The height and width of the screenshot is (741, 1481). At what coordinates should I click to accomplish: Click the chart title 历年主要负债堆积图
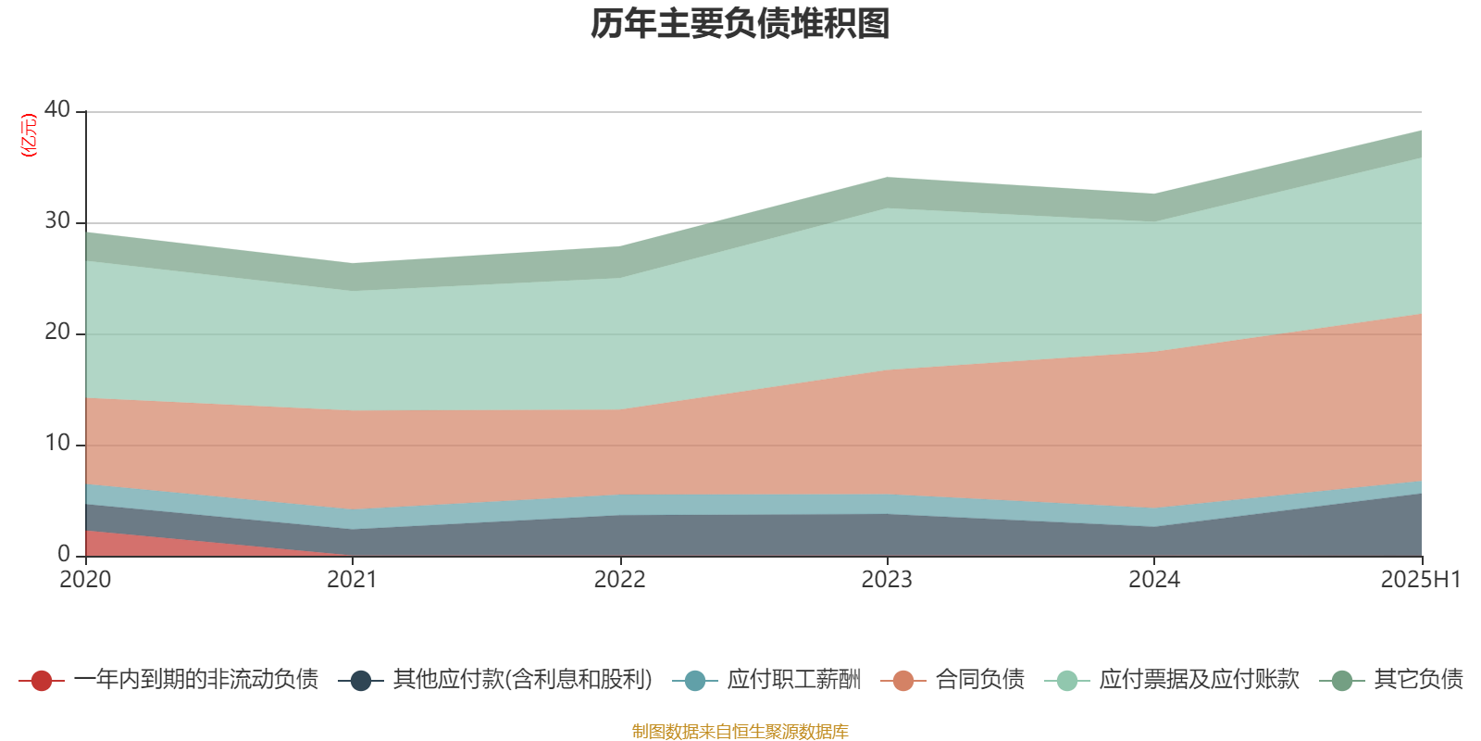[x=740, y=25]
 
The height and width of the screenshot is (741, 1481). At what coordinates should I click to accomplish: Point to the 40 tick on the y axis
[x=57, y=109]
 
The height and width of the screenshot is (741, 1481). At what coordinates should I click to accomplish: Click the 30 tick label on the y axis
[x=57, y=220]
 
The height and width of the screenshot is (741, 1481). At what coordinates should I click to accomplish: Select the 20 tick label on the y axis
[x=57, y=332]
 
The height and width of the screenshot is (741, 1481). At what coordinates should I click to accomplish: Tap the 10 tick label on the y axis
[x=57, y=443]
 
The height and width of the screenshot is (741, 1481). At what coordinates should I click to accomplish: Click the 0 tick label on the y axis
[x=64, y=554]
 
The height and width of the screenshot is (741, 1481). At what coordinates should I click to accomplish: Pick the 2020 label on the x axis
[x=85, y=580]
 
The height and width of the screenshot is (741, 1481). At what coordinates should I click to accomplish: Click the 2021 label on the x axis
[x=352, y=580]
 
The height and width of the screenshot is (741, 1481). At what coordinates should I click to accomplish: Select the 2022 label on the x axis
[x=619, y=580]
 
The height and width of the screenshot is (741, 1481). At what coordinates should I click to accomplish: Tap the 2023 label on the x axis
[x=887, y=580]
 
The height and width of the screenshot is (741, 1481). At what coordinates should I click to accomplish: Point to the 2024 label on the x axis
[x=1153, y=580]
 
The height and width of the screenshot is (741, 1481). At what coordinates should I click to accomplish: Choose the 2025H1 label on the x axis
[x=1420, y=580]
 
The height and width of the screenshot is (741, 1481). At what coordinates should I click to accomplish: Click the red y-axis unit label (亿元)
[x=29, y=135]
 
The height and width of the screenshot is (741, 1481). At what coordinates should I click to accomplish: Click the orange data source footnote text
[x=740, y=732]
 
